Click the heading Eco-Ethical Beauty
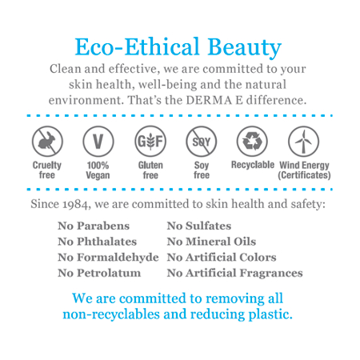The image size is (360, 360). point(178,46)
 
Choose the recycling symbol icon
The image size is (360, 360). point(251,142)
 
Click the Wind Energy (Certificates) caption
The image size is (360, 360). point(304,170)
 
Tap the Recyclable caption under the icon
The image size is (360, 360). point(252,165)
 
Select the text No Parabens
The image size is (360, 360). point(94,226)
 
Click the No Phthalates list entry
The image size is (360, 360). point(97,242)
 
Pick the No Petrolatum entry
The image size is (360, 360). point(99,273)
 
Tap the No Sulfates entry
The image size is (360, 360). point(198,226)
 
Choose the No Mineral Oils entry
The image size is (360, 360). point(211,242)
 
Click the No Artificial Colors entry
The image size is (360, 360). point(222,258)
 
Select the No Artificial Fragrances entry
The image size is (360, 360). point(234,273)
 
